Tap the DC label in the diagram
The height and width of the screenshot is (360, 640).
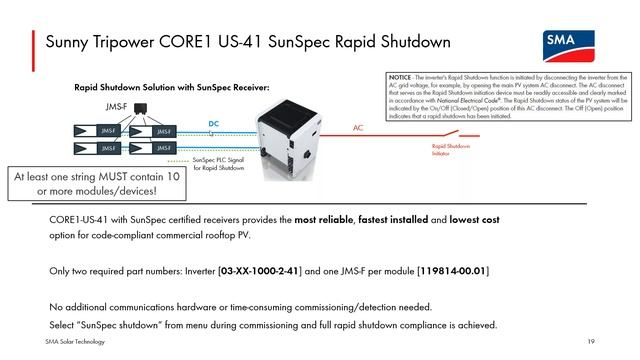click(213, 124)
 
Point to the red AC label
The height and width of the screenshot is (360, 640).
click(358, 128)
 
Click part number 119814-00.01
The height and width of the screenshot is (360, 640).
click(453, 271)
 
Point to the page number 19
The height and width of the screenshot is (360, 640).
click(592, 342)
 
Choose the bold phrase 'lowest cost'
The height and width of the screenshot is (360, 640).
click(474, 219)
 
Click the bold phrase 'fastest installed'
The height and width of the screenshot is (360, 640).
click(395, 219)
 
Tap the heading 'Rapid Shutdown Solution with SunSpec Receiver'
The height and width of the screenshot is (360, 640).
click(172, 88)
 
